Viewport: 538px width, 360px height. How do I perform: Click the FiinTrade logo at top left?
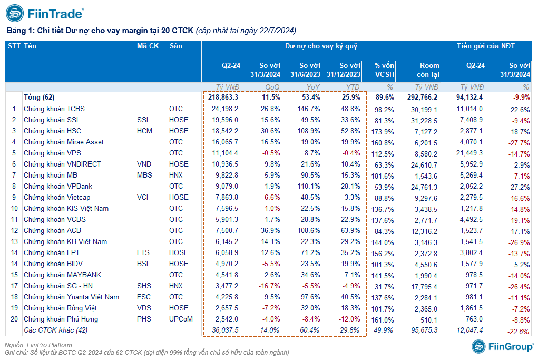pyautogui.click(x=45, y=13)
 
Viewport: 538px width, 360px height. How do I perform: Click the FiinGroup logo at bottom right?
pyautogui.click(x=502, y=347)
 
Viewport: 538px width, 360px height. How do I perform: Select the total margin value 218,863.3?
pyautogui.click(x=223, y=97)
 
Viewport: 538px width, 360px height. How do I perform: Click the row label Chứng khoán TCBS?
pyautogui.click(x=54, y=109)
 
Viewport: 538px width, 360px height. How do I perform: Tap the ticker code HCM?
pyautogui.click(x=144, y=131)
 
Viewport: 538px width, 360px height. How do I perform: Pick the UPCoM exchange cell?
pyautogui.click(x=181, y=319)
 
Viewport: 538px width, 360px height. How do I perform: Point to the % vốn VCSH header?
pyautogui.click(x=384, y=70)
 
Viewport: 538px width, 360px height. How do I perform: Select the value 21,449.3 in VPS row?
pyautogui.click(x=469, y=153)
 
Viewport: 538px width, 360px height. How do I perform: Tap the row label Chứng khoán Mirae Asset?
pyautogui.click(x=63, y=142)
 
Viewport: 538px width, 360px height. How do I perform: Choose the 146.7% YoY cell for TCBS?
pyautogui.click(x=309, y=109)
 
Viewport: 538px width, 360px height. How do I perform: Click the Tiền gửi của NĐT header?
pyautogui.click(x=486, y=46)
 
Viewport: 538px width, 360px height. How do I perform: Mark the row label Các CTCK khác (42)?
pyautogui.click(x=55, y=330)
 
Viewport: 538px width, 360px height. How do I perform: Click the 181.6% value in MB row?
pyautogui.click(x=383, y=176)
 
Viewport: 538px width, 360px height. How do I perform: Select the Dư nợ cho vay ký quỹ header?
pyautogui.click(x=321, y=46)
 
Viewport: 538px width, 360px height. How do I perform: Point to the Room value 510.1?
pyautogui.click(x=429, y=320)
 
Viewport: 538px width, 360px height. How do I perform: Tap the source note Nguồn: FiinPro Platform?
pyautogui.click(x=38, y=345)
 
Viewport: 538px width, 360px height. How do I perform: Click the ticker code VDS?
pyautogui.click(x=144, y=308)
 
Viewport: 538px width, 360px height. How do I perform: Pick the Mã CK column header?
pyautogui.click(x=148, y=46)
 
